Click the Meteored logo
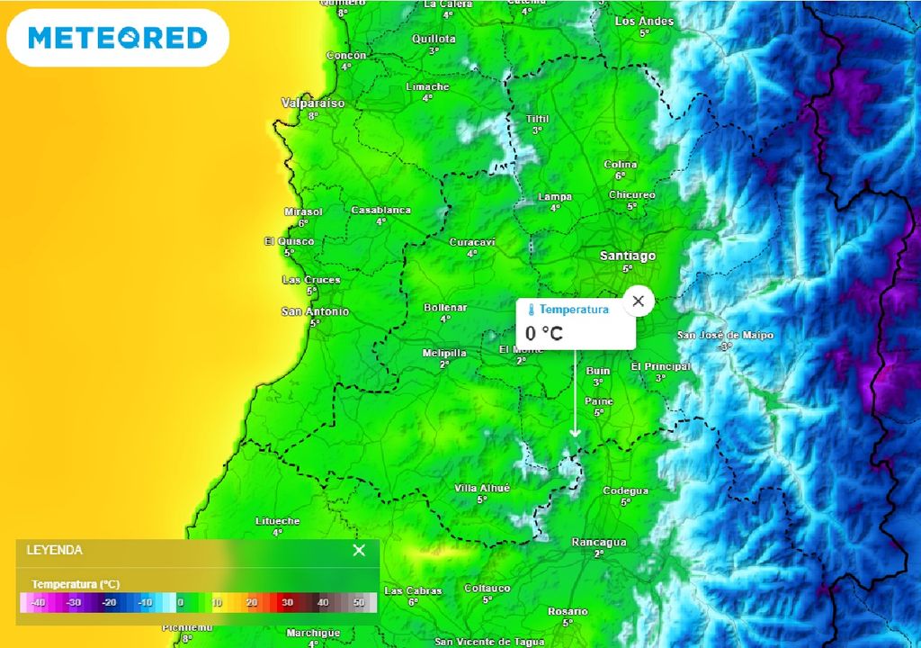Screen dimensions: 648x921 pos(118,38)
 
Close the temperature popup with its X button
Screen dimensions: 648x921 pos(639,301)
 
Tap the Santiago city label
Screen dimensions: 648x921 pos(628,256)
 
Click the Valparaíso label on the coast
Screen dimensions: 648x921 pos(313,103)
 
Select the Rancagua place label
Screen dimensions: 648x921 pos(599,543)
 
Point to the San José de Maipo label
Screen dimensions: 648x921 pos(725,336)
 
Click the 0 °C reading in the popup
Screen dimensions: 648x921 pos(544,334)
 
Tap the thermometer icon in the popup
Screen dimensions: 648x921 pos(531,310)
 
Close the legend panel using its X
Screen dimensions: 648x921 pos(359,550)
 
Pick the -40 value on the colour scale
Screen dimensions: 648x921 pos(38,602)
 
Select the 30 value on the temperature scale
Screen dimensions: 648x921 pos(287,602)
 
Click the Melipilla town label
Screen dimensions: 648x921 pos(444,354)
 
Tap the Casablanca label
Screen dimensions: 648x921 pos(380,211)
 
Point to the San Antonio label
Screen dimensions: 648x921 pos(315,312)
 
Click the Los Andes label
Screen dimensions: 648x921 pos(644,21)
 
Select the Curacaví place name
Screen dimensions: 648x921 pos(472,242)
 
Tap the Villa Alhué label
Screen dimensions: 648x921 pos(482,488)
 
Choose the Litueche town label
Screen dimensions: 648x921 pos(277,521)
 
